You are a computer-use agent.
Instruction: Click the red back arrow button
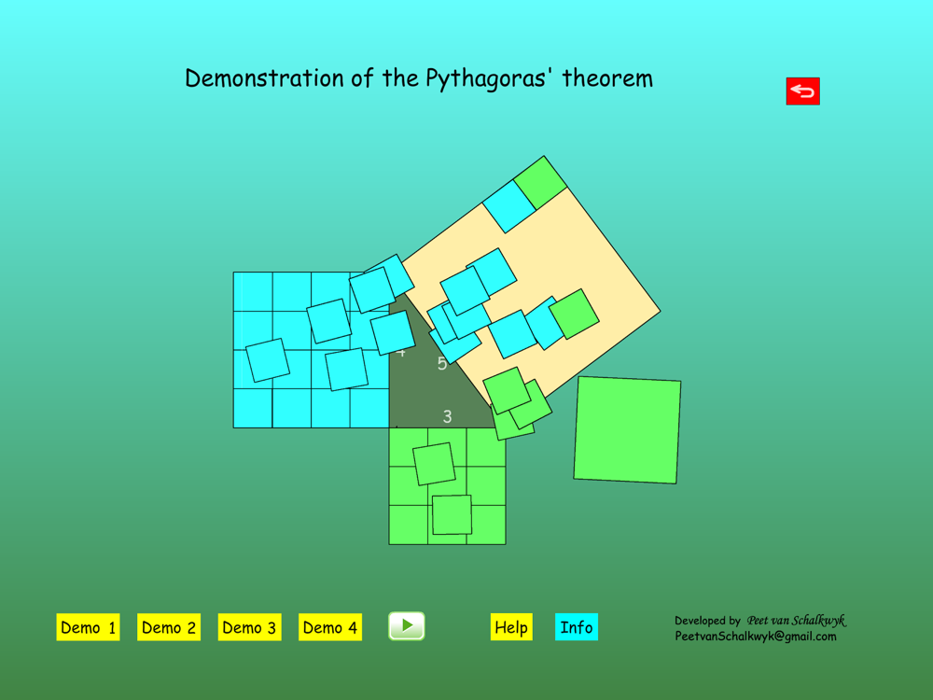[x=802, y=91]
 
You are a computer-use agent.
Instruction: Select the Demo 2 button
[x=168, y=627]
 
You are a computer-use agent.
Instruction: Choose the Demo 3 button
[x=249, y=627]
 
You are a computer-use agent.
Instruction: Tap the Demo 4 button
[x=330, y=627]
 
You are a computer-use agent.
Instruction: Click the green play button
[x=407, y=626]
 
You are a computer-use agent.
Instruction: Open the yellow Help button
[x=511, y=627]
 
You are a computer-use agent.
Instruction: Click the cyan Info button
[x=576, y=627]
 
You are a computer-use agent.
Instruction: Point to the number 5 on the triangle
[x=442, y=363]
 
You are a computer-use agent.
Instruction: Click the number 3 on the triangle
[x=448, y=416]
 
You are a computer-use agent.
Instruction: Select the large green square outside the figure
[x=627, y=429]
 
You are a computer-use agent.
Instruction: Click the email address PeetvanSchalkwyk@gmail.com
[x=756, y=637]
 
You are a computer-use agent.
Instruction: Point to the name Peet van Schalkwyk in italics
[x=797, y=621]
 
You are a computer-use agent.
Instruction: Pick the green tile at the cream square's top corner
[x=540, y=183]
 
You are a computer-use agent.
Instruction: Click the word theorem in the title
[x=607, y=78]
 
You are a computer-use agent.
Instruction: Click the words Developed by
[x=707, y=621]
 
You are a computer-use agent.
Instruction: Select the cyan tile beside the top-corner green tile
[x=509, y=206]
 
